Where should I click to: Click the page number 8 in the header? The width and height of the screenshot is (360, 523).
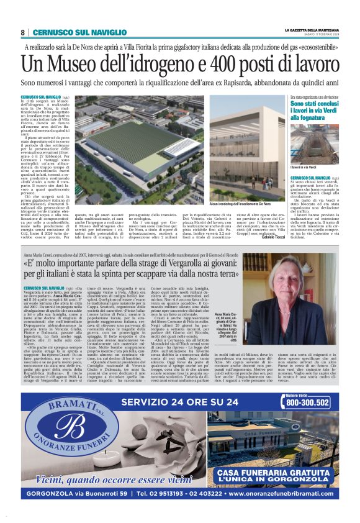(x=23, y=32)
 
